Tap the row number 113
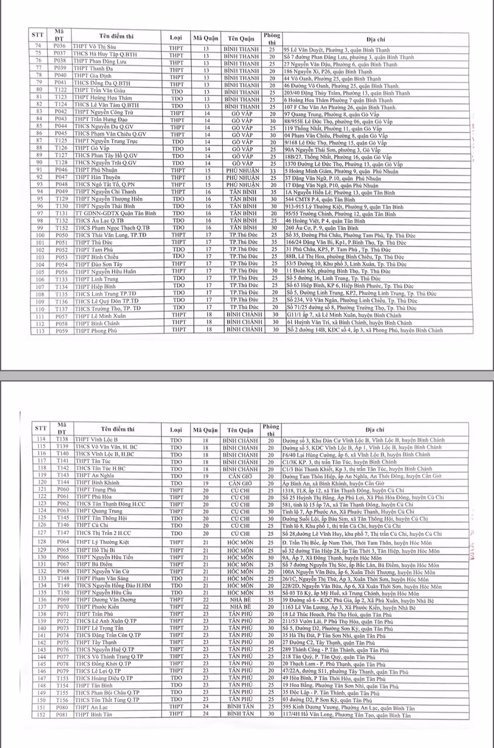click(38, 330)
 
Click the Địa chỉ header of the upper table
click(376, 38)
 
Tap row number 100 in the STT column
click(38, 235)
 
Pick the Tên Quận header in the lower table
click(240, 429)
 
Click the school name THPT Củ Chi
click(92, 525)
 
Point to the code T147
click(62, 533)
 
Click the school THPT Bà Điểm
click(94, 564)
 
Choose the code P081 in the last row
click(63, 715)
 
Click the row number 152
click(40, 715)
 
